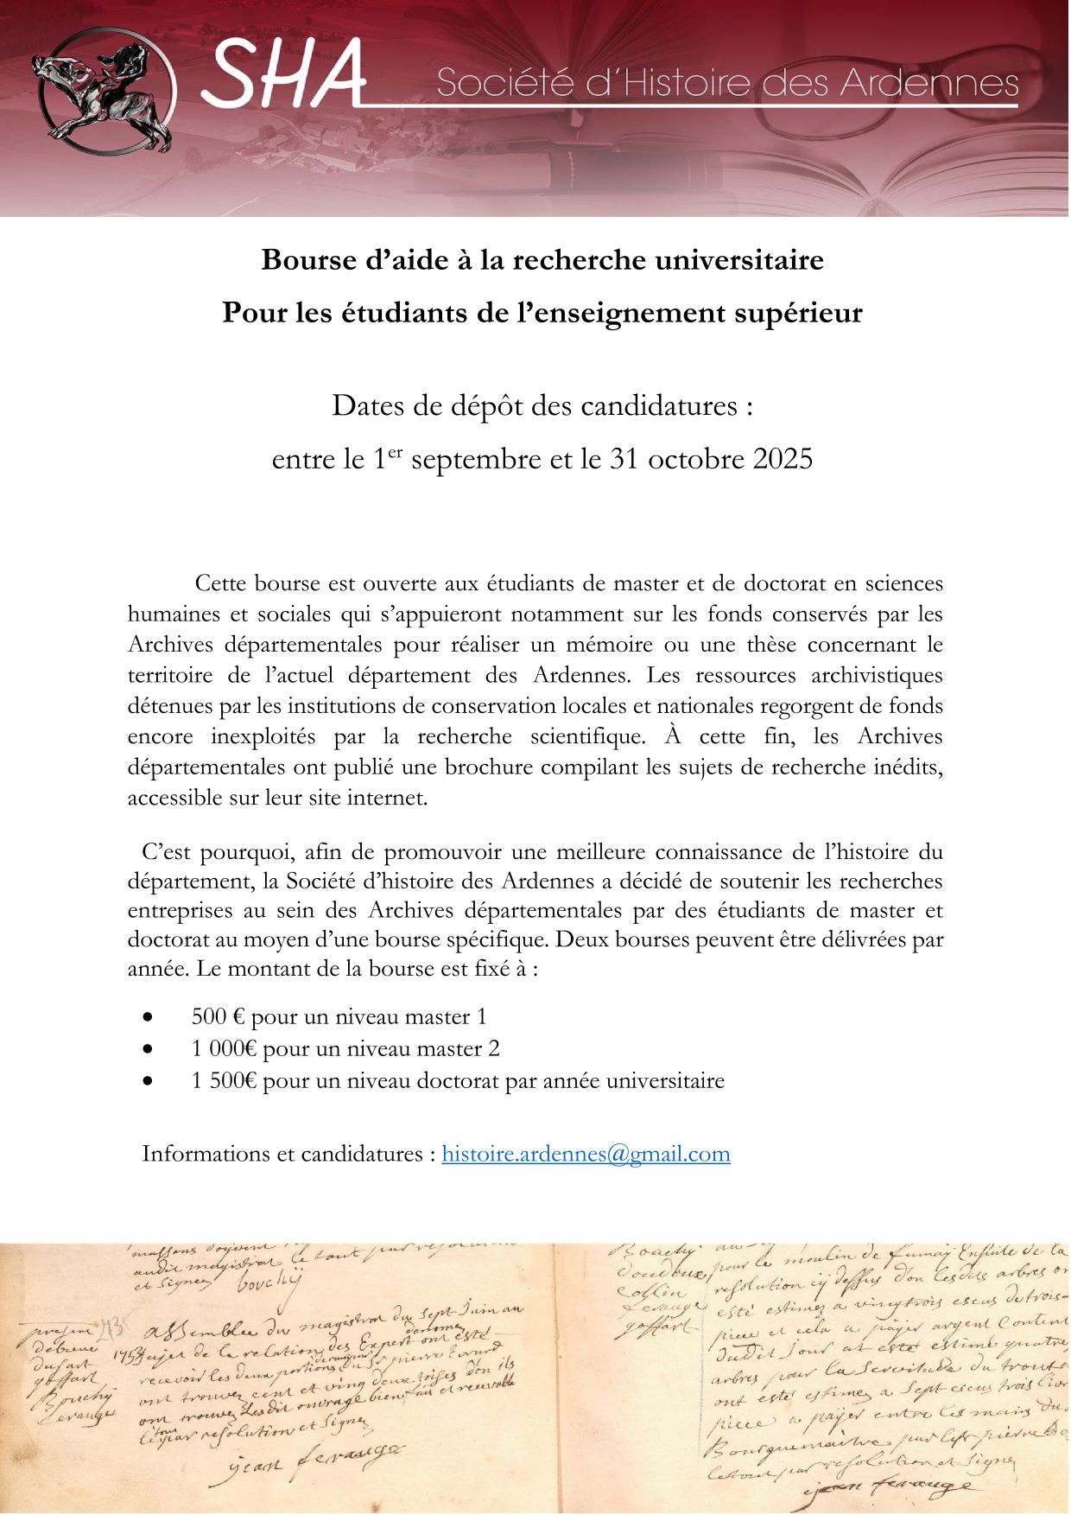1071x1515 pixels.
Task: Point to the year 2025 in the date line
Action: (783, 459)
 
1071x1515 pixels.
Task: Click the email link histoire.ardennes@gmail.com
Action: (586, 1154)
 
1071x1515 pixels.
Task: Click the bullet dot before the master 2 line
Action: (149, 1049)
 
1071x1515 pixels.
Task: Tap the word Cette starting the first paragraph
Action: (220, 583)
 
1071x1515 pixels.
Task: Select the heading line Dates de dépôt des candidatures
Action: (542, 405)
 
